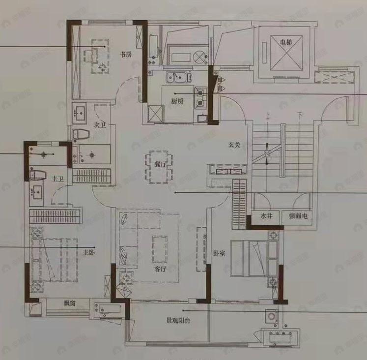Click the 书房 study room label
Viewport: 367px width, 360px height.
(x=126, y=55)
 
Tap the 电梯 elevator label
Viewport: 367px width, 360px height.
(x=286, y=42)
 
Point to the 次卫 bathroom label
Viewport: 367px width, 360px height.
(x=100, y=125)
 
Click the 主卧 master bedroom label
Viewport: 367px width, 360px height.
(x=88, y=253)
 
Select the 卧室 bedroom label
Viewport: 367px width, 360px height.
(x=219, y=254)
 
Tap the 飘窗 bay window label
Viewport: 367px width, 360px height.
(x=69, y=303)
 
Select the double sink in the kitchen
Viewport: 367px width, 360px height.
(x=177, y=77)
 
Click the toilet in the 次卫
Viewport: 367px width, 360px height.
(x=81, y=134)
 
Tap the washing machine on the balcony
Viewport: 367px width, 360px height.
(x=270, y=316)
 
